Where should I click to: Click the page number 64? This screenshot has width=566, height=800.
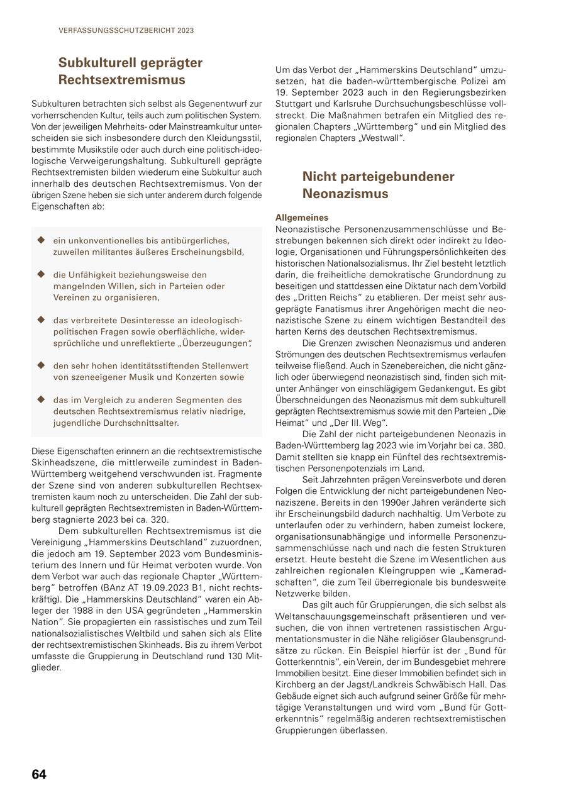[x=39, y=774]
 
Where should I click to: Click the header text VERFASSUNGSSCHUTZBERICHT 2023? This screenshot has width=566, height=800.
[x=126, y=30]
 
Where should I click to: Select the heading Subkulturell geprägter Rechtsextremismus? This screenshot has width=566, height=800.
[x=131, y=71]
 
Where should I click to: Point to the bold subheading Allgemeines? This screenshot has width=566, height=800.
[x=301, y=217]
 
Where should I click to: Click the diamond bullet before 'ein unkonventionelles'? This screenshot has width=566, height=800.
[x=42, y=240]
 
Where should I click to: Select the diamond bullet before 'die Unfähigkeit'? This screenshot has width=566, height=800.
[x=42, y=275]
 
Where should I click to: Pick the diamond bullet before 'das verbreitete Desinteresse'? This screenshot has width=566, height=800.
[x=42, y=320]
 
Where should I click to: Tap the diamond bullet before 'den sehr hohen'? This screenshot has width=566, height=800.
[x=42, y=365]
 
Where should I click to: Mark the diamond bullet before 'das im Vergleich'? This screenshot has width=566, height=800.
[x=42, y=399]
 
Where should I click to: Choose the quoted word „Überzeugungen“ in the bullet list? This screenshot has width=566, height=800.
[x=214, y=343]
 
